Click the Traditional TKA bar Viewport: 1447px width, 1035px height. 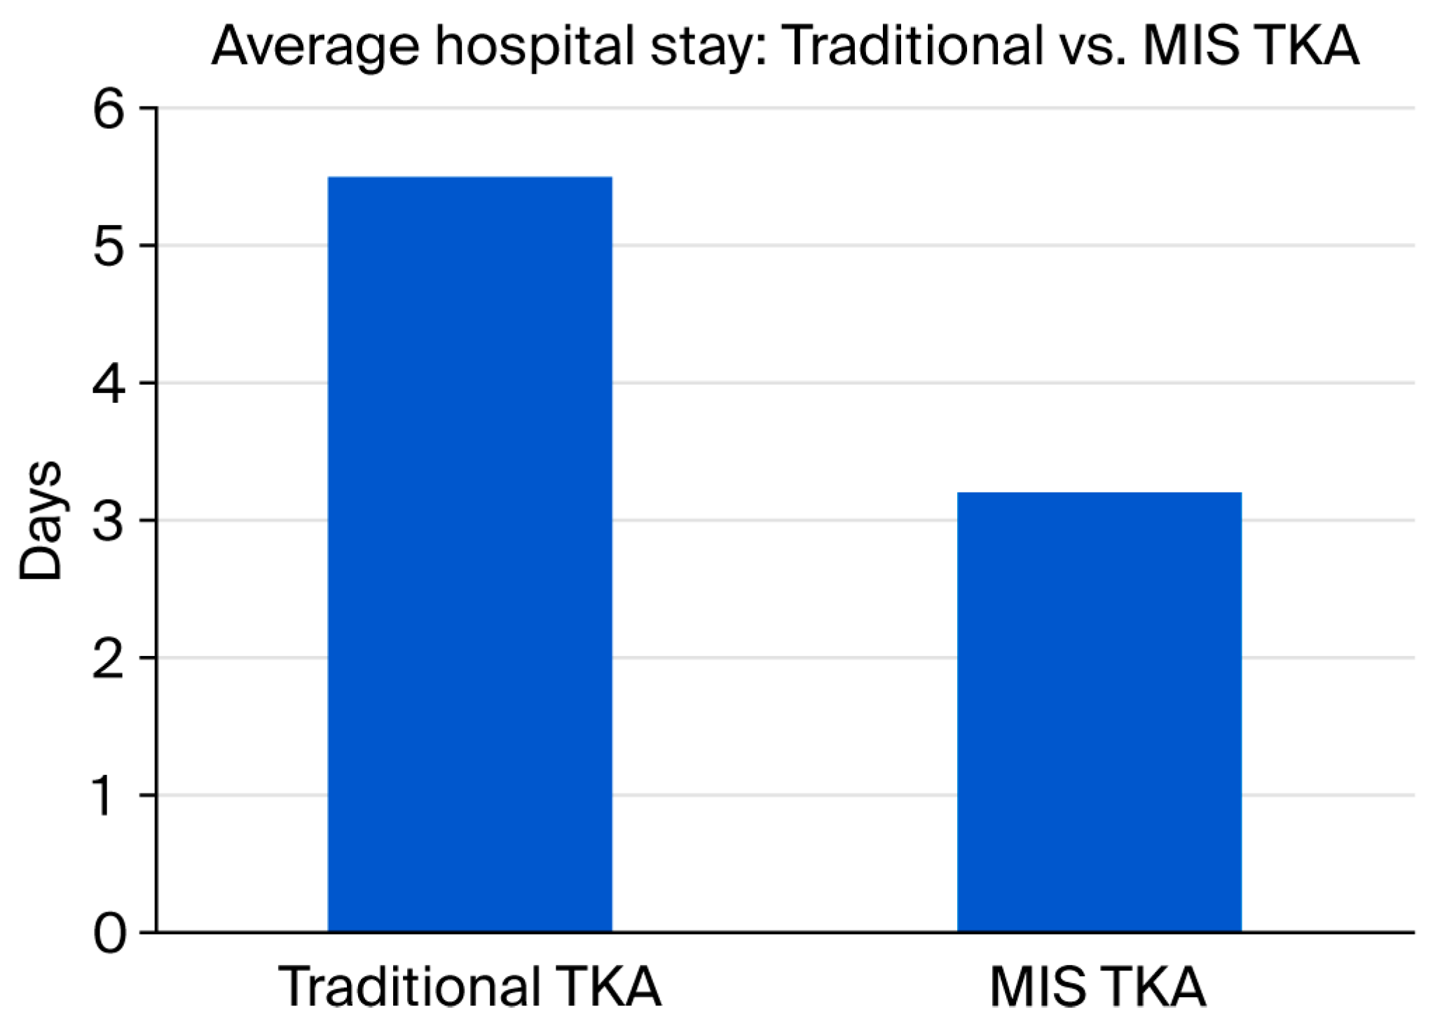point(469,554)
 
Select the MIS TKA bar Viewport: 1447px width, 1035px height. point(1099,711)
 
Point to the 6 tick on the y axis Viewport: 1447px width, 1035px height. point(109,110)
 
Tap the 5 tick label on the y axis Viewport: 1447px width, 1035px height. point(109,247)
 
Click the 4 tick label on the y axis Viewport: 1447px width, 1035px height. point(109,384)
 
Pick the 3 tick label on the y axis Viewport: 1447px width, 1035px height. point(109,521)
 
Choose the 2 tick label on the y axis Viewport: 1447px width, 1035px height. point(109,659)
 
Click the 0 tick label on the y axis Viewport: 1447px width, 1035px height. point(109,933)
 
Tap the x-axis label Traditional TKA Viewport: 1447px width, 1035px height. point(469,987)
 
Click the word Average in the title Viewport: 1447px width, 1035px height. point(315,46)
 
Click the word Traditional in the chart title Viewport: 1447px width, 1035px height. point(912,46)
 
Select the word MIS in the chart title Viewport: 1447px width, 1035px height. point(1191,46)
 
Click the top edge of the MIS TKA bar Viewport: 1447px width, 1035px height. point(1099,493)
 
